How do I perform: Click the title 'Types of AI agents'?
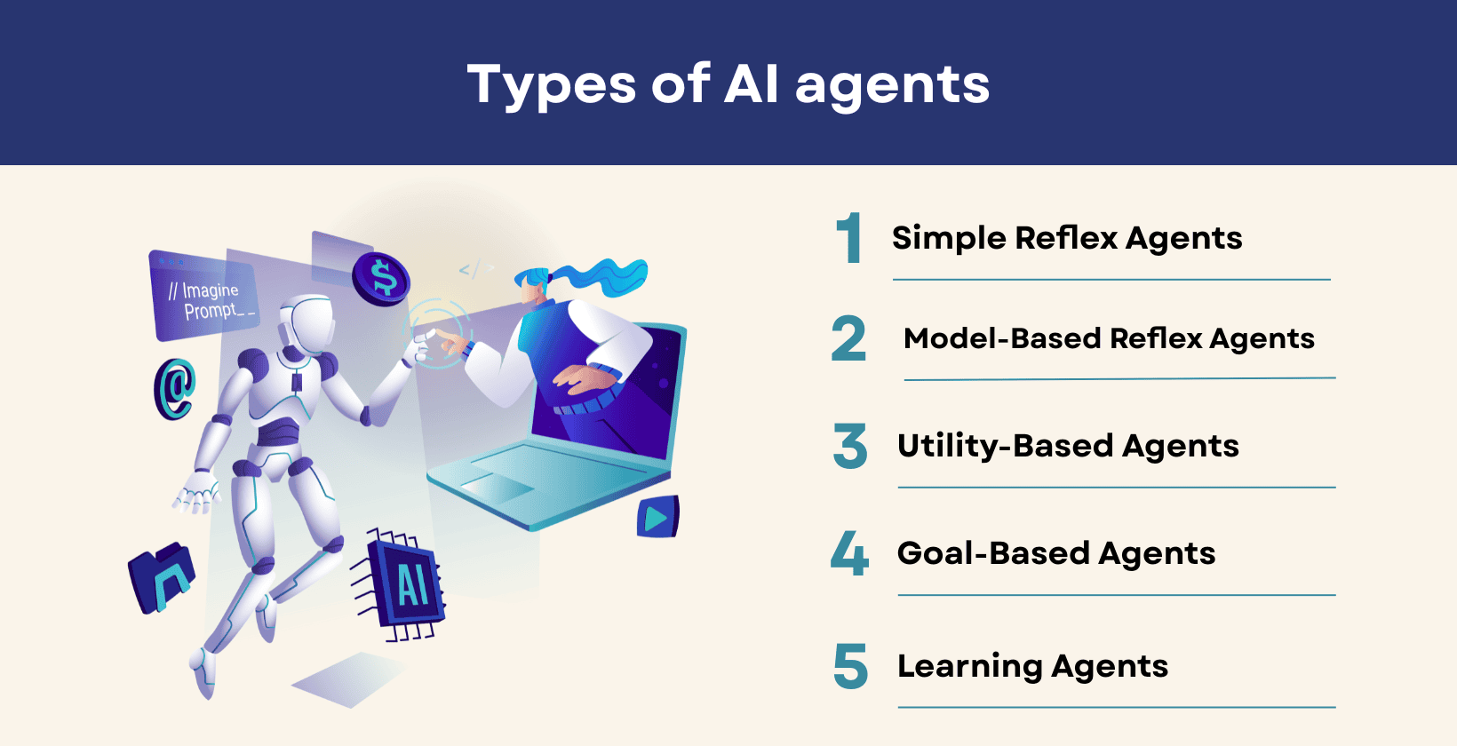[728, 84]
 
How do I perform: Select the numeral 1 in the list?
[850, 238]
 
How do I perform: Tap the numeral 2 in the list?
[848, 339]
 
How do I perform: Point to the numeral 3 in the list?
[850, 446]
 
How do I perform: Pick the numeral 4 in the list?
[849, 553]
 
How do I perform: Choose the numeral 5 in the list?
[850, 666]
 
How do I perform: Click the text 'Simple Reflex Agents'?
[1067, 238]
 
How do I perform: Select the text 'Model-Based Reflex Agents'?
[1109, 338]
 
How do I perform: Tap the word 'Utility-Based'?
[1005, 446]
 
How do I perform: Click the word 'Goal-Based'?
[993, 553]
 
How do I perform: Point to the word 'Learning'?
[969, 666]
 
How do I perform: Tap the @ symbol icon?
[175, 388]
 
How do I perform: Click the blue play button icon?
[657, 517]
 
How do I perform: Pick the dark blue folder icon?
[163, 577]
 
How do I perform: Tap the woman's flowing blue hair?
[604, 275]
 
